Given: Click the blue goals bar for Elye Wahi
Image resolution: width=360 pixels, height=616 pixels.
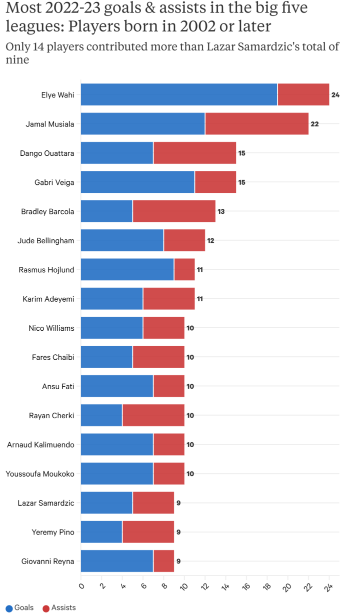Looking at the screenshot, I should coord(179,94).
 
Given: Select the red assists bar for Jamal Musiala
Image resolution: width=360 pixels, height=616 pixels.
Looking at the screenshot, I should coord(257,124).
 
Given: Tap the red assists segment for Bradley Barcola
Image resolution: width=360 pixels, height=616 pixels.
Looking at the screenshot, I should coord(174,211).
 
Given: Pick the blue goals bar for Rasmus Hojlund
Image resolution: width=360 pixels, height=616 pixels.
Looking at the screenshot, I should coord(127,270).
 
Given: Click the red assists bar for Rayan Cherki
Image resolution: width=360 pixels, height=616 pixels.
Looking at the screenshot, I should coord(153,415).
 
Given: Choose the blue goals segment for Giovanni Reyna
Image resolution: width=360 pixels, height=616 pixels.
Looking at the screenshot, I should coord(116,561).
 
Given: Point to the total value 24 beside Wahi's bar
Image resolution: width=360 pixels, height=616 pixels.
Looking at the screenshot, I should coord(335,95).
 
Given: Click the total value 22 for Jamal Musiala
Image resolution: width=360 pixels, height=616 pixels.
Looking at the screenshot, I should coord(314,124).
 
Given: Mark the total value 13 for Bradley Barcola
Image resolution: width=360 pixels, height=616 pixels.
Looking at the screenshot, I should coord(221,211).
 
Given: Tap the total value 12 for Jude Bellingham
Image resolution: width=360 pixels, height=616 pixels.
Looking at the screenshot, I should coord(210,241).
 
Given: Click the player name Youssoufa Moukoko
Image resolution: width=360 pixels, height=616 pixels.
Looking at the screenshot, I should coord(40,474).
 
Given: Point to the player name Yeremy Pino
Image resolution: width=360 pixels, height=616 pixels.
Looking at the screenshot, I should coord(53,532).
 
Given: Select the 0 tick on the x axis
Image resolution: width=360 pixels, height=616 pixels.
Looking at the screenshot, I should coord(81,585).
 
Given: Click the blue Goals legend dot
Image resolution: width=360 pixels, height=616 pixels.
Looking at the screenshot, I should coord(9,608).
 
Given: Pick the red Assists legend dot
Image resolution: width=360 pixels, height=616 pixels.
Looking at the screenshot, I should coord(46,608).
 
